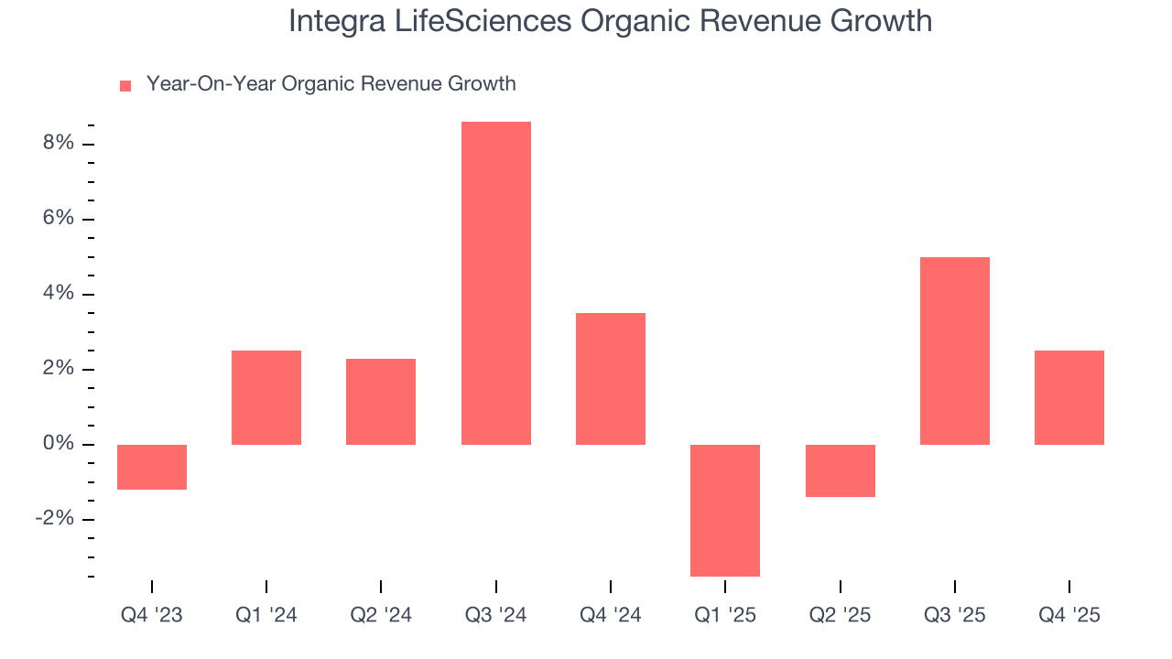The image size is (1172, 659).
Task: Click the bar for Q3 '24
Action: tap(495, 283)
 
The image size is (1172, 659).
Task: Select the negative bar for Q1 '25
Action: tap(725, 510)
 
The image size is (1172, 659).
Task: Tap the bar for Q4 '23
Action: tap(152, 467)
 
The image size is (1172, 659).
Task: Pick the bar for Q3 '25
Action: tap(954, 351)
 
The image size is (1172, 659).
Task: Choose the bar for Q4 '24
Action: tap(611, 379)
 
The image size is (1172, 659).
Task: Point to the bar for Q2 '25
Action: tap(840, 470)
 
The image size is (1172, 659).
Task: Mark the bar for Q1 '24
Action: tap(266, 397)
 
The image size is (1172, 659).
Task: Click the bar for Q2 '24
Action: tap(381, 401)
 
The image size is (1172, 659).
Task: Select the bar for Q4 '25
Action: tap(1069, 397)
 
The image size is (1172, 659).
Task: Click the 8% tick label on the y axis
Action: tap(57, 144)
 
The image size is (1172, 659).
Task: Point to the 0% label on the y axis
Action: tap(57, 444)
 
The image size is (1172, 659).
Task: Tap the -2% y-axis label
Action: tap(53, 519)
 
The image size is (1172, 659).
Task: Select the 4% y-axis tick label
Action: tap(57, 294)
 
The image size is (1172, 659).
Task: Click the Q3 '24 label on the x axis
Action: tap(495, 616)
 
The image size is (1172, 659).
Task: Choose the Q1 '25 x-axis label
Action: tap(725, 616)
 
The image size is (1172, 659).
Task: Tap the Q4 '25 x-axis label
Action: tap(1069, 616)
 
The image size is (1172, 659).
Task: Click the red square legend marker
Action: tap(125, 85)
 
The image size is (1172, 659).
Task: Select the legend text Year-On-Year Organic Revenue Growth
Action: tap(331, 84)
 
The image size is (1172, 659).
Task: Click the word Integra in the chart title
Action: tap(335, 21)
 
